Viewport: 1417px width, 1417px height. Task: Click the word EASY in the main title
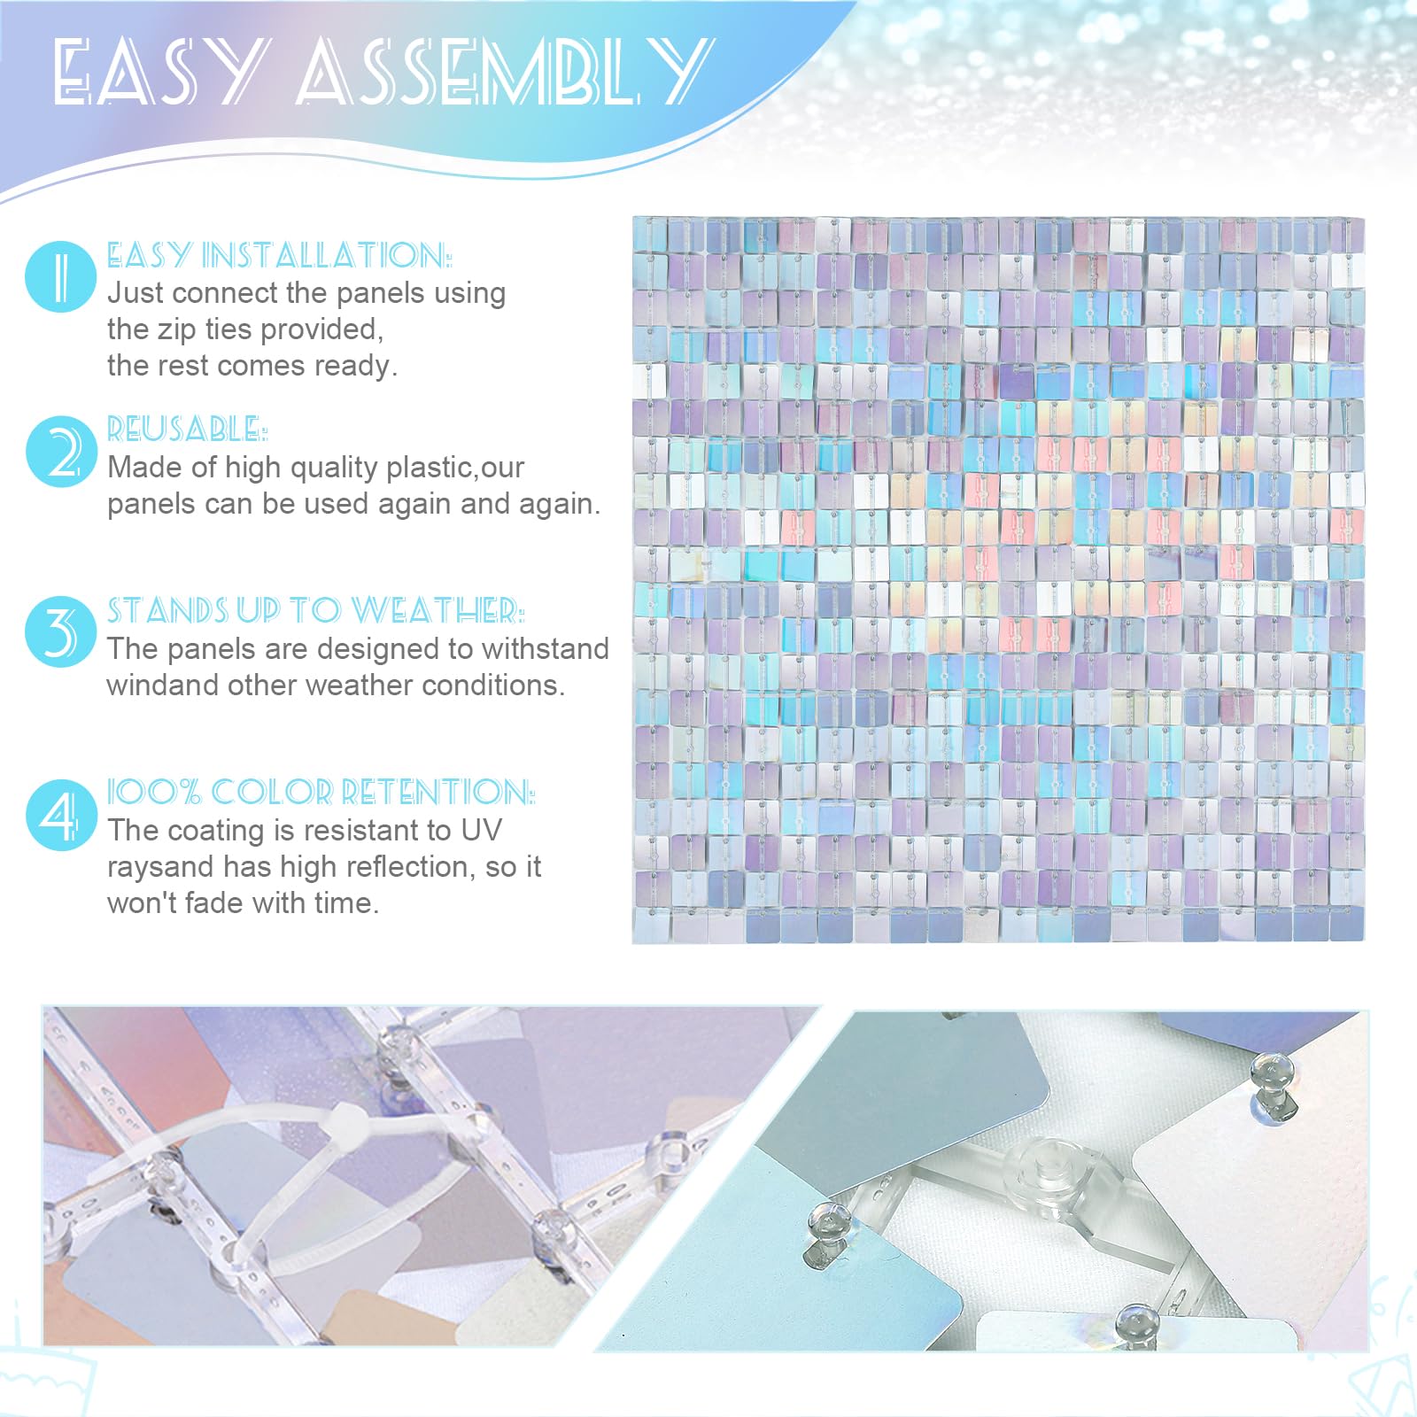pyautogui.click(x=158, y=72)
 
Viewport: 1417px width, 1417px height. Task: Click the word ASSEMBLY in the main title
pyautogui.click(x=505, y=70)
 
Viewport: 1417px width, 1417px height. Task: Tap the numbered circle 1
pyautogui.click(x=60, y=275)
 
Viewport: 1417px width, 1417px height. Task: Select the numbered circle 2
pyautogui.click(x=60, y=452)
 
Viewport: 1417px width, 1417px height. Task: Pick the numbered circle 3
pyautogui.click(x=60, y=631)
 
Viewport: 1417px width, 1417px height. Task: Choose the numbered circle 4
pyautogui.click(x=60, y=814)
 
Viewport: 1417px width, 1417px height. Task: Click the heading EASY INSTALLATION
pyautogui.click(x=279, y=255)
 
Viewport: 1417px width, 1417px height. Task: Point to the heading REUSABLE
pyautogui.click(x=187, y=429)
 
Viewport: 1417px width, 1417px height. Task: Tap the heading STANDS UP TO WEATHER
pyautogui.click(x=315, y=610)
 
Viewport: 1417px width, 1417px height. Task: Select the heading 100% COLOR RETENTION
pyautogui.click(x=321, y=792)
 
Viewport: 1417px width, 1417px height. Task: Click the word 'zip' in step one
pyautogui.click(x=177, y=330)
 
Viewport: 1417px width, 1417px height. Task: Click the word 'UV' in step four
pyautogui.click(x=481, y=830)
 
